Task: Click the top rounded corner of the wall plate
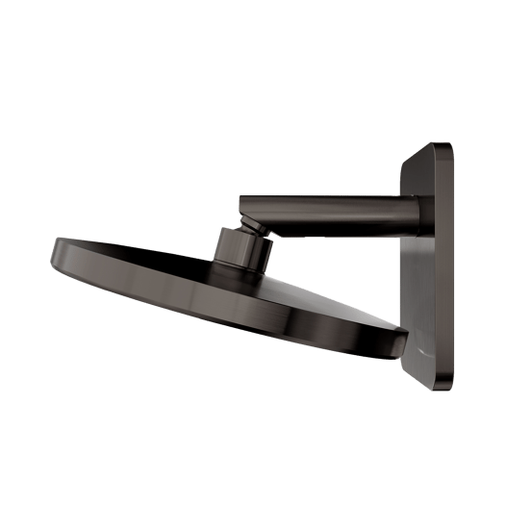click(x=440, y=147)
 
